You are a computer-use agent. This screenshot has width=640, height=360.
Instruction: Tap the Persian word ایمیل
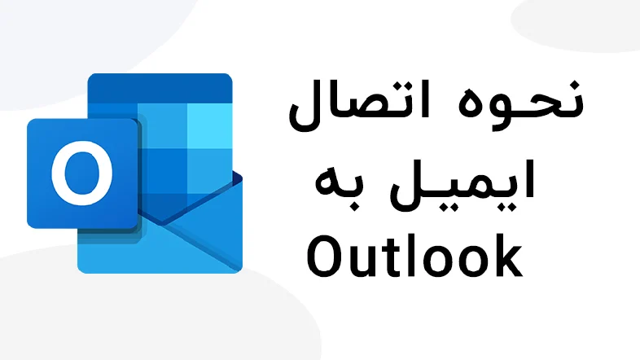[x=462, y=185]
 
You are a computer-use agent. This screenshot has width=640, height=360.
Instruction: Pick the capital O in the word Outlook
[x=326, y=257]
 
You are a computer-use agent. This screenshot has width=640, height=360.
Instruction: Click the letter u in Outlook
[x=363, y=261]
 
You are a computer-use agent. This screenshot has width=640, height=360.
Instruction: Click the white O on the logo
[x=82, y=173]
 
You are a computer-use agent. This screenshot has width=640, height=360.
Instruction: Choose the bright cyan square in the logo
[x=210, y=125]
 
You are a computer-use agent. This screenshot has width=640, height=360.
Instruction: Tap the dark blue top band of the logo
[x=160, y=88]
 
